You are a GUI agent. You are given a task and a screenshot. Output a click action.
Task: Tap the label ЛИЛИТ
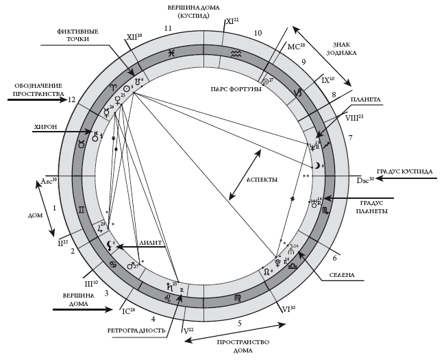[x=150, y=242]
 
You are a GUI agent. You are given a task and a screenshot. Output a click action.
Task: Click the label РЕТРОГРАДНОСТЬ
[x=136, y=330]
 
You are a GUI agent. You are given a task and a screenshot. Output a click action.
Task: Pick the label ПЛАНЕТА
[x=365, y=99]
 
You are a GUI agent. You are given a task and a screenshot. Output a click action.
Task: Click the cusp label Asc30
[x=49, y=180]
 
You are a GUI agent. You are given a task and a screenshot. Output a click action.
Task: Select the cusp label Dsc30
[x=365, y=180]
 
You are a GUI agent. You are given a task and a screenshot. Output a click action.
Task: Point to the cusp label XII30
[x=134, y=38]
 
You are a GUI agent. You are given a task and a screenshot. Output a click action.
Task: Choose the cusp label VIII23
[x=354, y=117]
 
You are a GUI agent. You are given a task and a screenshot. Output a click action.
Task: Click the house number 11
[x=168, y=28]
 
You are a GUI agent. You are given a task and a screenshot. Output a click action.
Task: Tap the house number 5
[x=240, y=322]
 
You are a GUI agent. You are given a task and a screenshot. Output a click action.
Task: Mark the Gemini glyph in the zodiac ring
[x=82, y=208]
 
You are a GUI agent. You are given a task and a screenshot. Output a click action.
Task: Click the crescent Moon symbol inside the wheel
[x=317, y=165]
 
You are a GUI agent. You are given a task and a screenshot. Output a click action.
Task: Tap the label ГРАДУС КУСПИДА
[x=404, y=171]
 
